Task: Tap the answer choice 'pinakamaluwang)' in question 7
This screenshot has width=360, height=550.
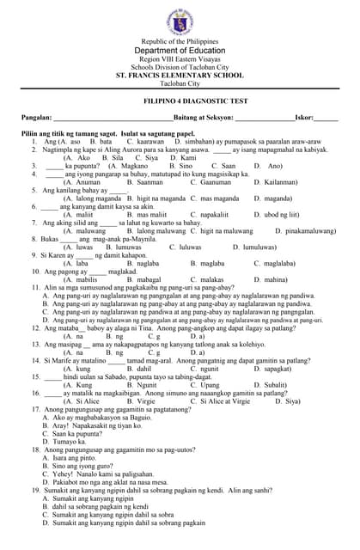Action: (308, 230)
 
